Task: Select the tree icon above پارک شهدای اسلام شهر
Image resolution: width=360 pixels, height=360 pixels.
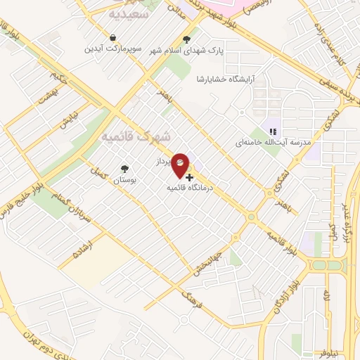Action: [186, 39]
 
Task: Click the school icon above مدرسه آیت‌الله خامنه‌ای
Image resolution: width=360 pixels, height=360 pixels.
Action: [273, 130]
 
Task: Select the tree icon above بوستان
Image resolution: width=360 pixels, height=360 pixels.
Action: [124, 169]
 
